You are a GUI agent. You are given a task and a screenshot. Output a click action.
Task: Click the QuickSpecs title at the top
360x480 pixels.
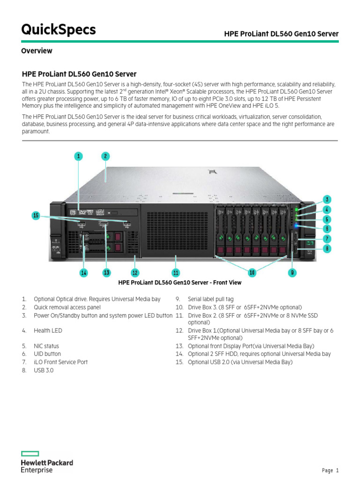59,30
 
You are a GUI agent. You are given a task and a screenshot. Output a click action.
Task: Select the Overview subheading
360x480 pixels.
37,51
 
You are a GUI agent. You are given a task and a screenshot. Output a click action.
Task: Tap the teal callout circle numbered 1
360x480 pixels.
79,156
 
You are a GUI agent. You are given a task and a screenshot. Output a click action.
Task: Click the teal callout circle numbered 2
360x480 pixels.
105,156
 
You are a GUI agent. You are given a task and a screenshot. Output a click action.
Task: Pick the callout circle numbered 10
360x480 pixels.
252,272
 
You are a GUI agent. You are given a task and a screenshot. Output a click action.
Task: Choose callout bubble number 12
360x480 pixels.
135,272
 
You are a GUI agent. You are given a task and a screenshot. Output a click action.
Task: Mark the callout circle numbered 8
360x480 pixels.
327,248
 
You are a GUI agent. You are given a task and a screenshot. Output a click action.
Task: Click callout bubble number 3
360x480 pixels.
327,199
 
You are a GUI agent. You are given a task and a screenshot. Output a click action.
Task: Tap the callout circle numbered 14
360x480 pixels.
84,272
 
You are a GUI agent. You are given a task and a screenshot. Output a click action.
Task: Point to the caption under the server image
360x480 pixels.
180,283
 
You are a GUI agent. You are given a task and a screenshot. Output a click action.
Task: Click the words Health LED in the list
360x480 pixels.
48,330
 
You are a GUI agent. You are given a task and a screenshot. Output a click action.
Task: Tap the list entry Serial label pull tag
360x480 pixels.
210,299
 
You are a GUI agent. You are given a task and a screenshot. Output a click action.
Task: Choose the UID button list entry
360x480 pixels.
47,354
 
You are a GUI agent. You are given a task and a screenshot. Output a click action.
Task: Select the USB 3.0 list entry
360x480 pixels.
44,370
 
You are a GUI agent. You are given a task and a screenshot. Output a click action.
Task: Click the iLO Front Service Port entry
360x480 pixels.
60,362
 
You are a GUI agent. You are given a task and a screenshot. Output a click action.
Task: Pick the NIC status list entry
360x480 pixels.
46,346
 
